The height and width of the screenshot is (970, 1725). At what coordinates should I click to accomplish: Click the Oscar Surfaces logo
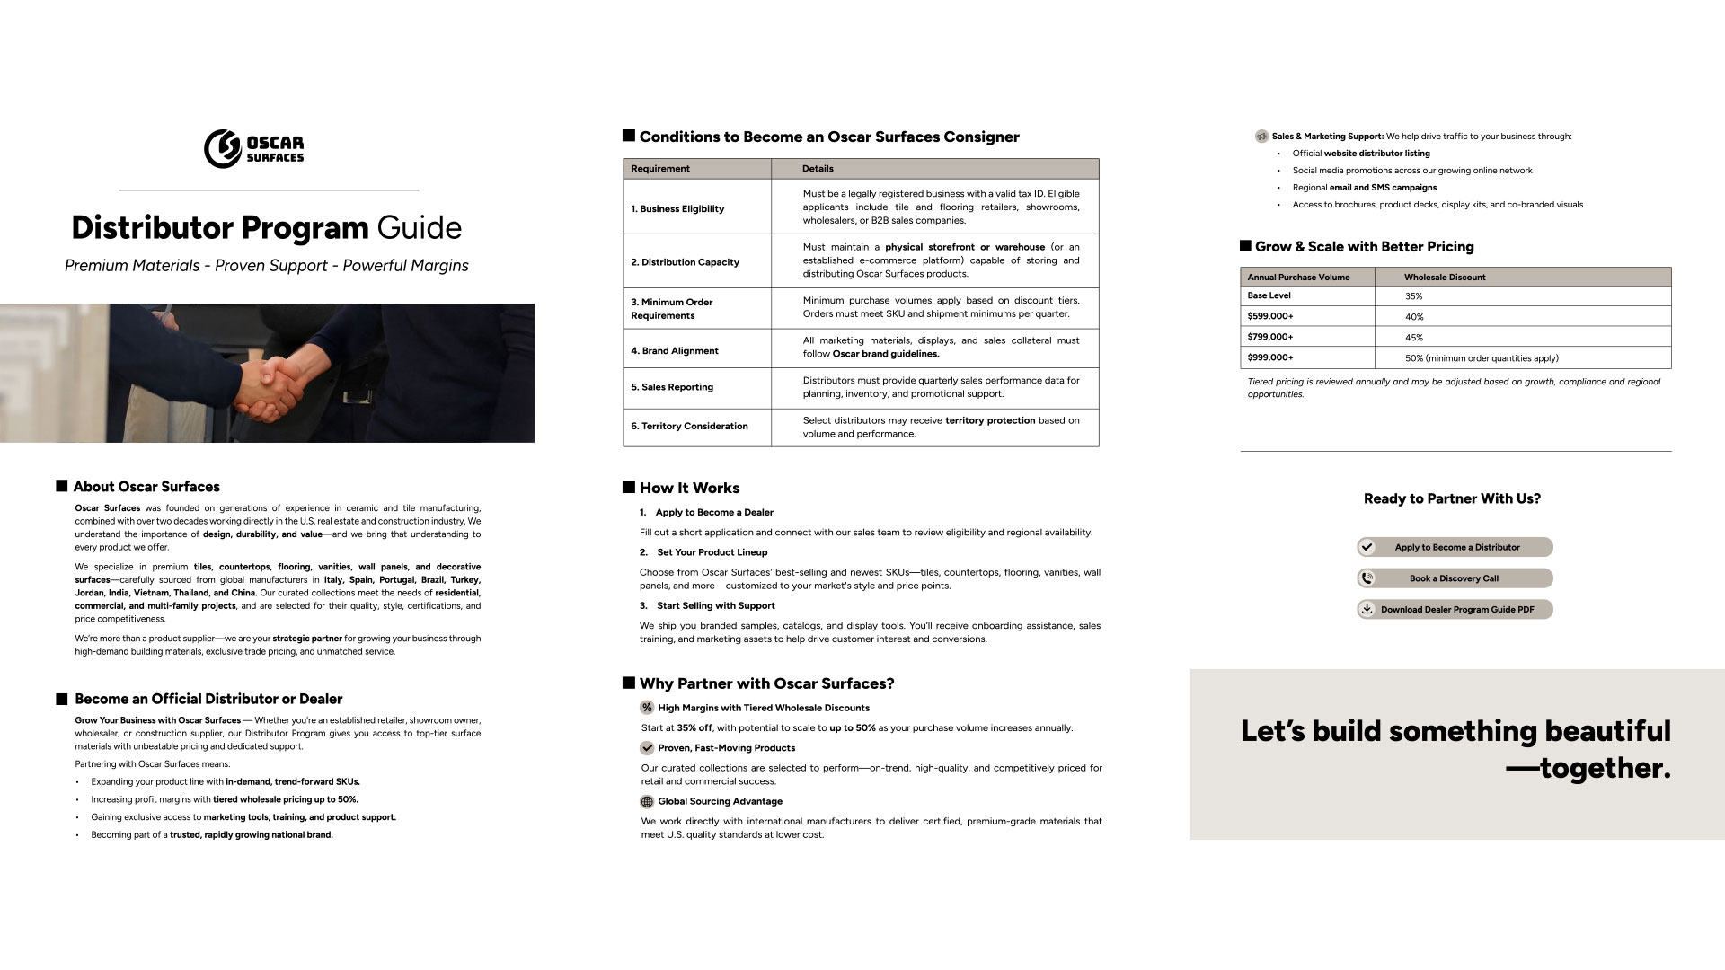[x=254, y=148]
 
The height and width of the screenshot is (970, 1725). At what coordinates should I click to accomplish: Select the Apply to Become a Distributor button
[x=1455, y=547]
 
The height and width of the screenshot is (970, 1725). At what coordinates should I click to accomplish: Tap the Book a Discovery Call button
[x=1455, y=578]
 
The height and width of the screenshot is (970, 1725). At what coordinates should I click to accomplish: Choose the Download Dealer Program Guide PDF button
[x=1455, y=609]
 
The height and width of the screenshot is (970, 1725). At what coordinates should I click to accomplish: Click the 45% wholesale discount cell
[x=1414, y=338]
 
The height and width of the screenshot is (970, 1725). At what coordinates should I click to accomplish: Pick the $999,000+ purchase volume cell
[x=1270, y=357]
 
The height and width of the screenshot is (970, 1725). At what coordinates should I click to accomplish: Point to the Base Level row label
[x=1269, y=295]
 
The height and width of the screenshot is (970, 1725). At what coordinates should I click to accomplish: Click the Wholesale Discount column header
[x=1445, y=277]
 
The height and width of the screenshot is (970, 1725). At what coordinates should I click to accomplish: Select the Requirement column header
[x=660, y=169]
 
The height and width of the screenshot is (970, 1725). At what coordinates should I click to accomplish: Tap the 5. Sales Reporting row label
[x=672, y=387]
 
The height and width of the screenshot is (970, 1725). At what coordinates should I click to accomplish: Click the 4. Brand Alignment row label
[x=675, y=351]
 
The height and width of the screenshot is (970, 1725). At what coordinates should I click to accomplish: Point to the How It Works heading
[x=689, y=488]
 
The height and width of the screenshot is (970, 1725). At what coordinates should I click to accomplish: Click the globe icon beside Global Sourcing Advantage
[x=647, y=801]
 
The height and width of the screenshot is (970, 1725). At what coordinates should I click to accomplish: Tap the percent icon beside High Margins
[x=647, y=708]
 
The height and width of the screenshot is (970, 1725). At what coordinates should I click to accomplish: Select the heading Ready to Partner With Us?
[x=1452, y=498]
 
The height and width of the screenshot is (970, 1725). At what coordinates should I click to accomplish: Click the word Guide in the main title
[x=419, y=227]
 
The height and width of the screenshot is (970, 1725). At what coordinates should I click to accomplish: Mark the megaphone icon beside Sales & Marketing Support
[x=1261, y=137]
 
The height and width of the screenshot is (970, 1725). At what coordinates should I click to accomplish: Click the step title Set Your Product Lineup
[x=712, y=552]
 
